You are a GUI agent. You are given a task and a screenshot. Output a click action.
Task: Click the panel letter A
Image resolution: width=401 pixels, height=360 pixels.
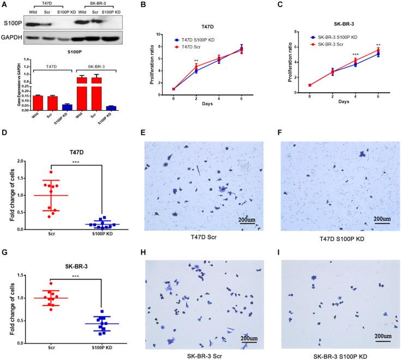pos(4,5)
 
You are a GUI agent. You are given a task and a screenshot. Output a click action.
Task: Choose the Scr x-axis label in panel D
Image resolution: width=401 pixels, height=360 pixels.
pos(50,234)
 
